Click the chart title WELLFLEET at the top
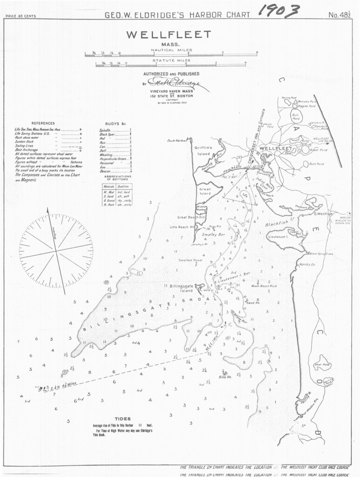click(172, 35)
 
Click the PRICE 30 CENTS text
click(20, 17)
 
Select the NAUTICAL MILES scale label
click(171, 49)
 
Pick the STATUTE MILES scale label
click(171, 61)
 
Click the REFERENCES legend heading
click(46, 123)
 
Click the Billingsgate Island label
click(179, 288)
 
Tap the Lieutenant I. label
click(279, 237)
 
